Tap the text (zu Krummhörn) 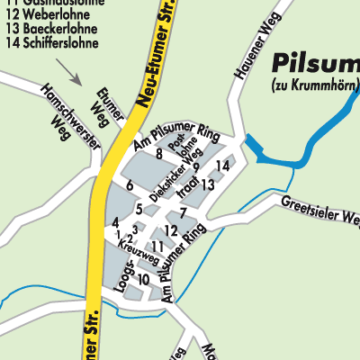315,85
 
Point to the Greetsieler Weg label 319,211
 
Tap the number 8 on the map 159,154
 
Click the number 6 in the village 130,185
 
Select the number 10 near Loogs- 144,279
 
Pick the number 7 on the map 183,212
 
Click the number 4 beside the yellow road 115,222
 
